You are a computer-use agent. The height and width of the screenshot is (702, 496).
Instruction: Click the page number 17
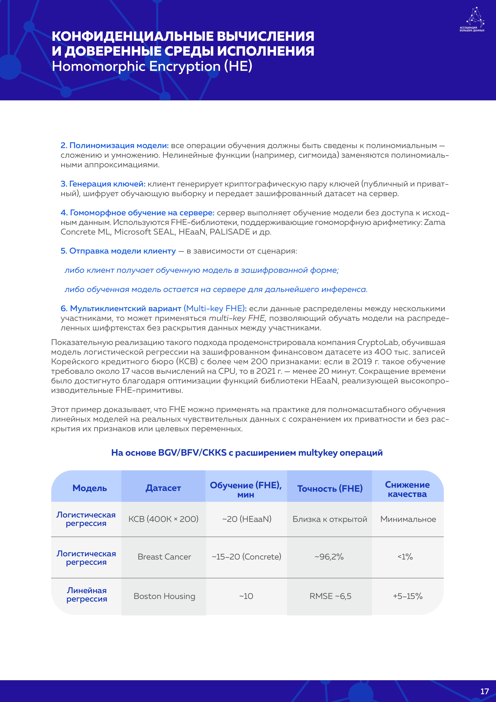pyautogui.click(x=484, y=691)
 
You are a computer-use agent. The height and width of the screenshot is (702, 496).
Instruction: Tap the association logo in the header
pyautogui.click(x=472, y=20)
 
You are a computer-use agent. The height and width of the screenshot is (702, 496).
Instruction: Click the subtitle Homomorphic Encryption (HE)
pyautogui.click(x=152, y=66)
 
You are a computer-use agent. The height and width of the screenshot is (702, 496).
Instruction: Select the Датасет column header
pyautogui.click(x=163, y=488)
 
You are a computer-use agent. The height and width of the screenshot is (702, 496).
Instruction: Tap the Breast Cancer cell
pyautogui.click(x=164, y=557)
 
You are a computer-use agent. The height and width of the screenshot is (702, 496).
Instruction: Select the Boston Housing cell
pyautogui.click(x=164, y=596)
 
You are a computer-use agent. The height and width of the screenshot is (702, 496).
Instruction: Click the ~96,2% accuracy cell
pyautogui.click(x=329, y=557)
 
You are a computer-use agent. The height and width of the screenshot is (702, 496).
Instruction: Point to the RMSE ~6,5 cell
pyautogui.click(x=330, y=596)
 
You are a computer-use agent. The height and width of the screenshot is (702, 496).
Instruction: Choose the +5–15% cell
pyautogui.click(x=407, y=596)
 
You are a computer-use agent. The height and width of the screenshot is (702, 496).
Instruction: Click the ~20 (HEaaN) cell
pyautogui.click(x=247, y=519)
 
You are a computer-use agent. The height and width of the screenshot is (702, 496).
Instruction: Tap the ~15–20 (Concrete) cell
pyautogui.click(x=247, y=557)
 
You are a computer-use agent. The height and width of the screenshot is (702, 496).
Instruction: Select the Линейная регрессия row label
pyautogui.click(x=87, y=595)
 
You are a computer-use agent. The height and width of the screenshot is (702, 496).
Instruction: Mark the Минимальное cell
pyautogui.click(x=408, y=519)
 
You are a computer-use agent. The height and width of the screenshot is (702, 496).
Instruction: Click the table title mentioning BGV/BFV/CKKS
pyautogui.click(x=247, y=453)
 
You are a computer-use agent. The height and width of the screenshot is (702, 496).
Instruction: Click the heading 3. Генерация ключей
pyautogui.click(x=103, y=184)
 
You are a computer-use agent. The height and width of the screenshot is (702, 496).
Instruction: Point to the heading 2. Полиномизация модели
pyautogui.click(x=115, y=145)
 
